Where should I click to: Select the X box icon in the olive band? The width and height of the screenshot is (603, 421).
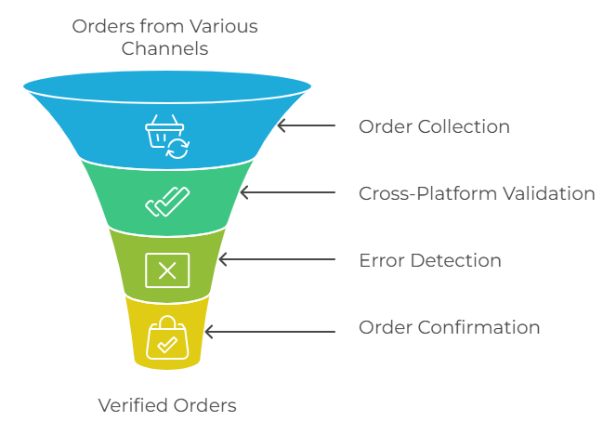pos(167,270)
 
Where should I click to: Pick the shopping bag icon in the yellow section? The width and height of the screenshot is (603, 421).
pos(167,337)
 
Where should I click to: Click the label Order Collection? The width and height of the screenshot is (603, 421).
pos(434,126)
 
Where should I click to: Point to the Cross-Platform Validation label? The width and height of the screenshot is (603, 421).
pos(477,193)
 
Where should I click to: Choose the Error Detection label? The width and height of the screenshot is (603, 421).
pos(430,261)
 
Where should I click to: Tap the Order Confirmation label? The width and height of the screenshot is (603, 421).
pos(450,327)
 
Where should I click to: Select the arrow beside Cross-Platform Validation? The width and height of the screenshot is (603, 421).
pos(286,193)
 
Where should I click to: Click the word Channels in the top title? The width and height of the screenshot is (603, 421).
pos(165,47)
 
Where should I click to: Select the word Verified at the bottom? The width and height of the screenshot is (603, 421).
pos(132,405)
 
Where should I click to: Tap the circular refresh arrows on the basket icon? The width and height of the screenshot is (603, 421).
pos(177,147)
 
